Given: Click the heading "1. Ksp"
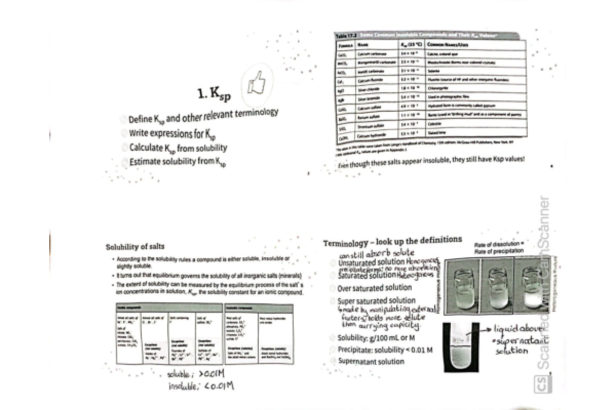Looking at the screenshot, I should tap(214, 94).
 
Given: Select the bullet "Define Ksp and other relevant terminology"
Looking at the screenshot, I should tap(203, 115).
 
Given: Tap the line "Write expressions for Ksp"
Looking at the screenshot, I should tap(172, 134).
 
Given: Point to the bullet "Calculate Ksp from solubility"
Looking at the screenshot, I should tap(178, 149).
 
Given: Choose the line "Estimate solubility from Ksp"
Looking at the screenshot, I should tap(177, 162).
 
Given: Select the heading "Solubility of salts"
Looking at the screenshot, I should tap(135, 247).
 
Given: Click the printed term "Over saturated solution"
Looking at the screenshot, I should tap(374, 288).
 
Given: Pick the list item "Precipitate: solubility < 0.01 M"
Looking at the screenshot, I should tap(384, 350).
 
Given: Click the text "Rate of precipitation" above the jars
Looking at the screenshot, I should tap(499, 251).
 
